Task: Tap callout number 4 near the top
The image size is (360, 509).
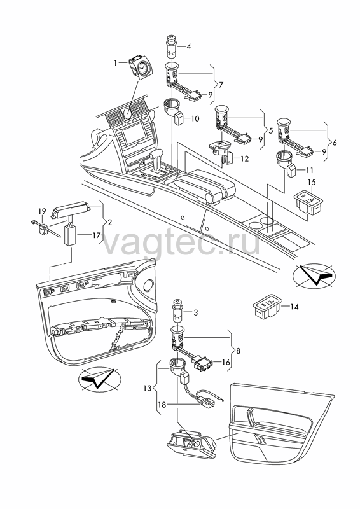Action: pos(188,46)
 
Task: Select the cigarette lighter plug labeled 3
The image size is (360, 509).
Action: pos(179,310)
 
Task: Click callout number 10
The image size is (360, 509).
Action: pos(195,118)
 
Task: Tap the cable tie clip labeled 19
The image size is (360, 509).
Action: pos(45,228)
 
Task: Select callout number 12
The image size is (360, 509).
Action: pos(244,158)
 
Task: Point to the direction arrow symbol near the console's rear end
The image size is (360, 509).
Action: pos(314,275)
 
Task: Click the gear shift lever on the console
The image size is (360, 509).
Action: pos(158,162)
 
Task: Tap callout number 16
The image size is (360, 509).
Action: pos(226,362)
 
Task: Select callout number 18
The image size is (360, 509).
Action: pos(162,405)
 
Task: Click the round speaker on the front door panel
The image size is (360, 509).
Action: pos(148,284)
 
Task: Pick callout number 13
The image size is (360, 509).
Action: pos(148,387)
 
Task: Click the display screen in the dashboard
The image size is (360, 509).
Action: pos(133,134)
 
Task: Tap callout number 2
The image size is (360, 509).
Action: pos(110,222)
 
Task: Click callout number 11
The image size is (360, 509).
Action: pos(309,170)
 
